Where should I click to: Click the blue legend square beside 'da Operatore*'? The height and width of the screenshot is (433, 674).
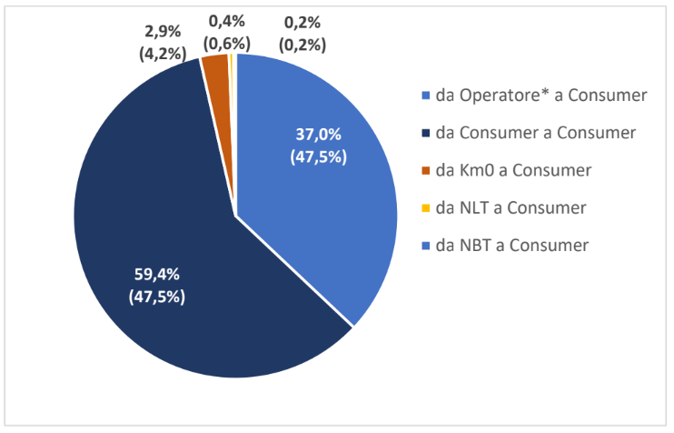coord(427,96)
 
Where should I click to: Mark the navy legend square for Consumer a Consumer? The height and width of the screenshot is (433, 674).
coord(427,133)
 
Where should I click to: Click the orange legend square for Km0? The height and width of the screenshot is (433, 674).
coord(427,170)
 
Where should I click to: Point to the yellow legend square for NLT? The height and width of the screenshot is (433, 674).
coord(427,208)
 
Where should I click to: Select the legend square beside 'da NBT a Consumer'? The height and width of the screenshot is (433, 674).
coord(427,246)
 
